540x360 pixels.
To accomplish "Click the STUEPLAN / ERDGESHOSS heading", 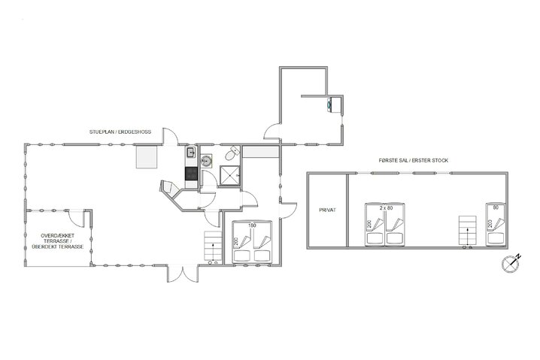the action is [120, 132].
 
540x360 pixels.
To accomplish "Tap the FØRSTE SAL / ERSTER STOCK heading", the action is [413, 160].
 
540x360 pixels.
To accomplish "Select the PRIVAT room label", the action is [327, 210].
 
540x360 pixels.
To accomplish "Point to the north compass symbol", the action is [511, 263].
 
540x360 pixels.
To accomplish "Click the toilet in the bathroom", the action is [232, 153].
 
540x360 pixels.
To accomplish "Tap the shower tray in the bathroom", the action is [229, 176].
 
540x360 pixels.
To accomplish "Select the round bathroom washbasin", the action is [207, 161].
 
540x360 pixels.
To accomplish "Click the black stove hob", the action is [192, 174].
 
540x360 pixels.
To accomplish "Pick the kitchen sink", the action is [191, 152].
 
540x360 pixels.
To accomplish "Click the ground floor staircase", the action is [213, 246].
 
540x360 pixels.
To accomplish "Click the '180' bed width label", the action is [253, 225].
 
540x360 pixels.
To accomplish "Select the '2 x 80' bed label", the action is [386, 208].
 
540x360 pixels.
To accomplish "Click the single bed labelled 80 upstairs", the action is [496, 225].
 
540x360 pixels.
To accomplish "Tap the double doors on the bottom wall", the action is [183, 274].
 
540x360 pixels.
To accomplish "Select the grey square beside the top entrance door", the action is [147, 156].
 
